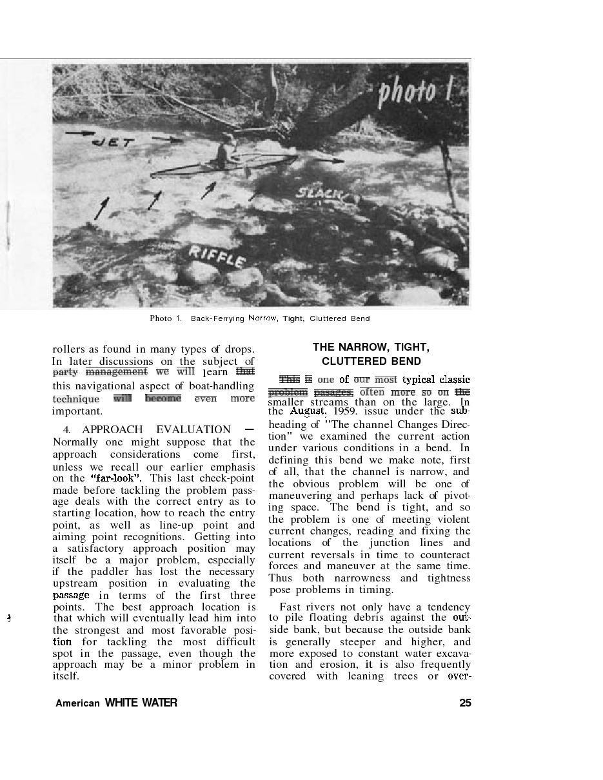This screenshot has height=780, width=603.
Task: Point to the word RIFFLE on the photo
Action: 217,257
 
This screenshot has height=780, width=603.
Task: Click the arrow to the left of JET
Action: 79,133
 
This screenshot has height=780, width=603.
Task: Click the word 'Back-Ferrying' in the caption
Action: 217,318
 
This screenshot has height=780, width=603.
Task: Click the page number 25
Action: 465,703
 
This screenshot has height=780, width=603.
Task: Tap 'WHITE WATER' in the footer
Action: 141,703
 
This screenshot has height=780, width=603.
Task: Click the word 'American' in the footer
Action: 77,703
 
